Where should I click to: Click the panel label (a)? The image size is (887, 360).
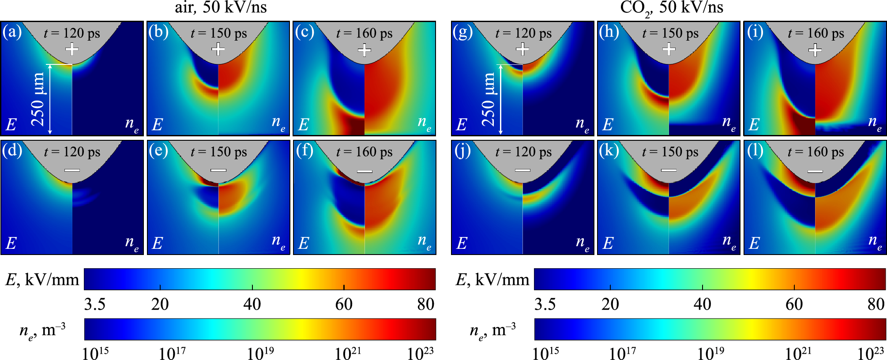pos(12,32)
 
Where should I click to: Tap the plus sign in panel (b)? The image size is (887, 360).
pos(218,49)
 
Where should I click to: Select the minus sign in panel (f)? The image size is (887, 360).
pos(365,171)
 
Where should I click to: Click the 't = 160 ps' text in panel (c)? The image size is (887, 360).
pos(364,33)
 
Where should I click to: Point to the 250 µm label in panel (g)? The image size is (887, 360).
pos(488,100)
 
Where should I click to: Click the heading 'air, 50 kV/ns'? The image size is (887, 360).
pos(221,7)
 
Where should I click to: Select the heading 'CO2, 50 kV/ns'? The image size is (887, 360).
pos(671,8)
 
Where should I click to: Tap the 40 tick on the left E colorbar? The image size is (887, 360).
pos(252,304)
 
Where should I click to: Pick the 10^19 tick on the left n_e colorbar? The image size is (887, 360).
pos(260,353)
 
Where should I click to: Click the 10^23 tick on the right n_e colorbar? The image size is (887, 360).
pos(870,353)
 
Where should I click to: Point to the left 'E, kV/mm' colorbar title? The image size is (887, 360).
pos(42,280)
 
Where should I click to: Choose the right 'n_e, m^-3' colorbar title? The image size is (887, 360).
pos(492,330)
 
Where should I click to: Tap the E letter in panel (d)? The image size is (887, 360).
pos(11,243)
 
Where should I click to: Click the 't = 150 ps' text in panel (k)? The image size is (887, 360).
pos(670,152)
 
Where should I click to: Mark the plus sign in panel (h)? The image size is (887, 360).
pos(669,49)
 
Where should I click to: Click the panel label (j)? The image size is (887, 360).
pos(462,151)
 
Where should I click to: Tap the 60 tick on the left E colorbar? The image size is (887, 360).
pos(344,304)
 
